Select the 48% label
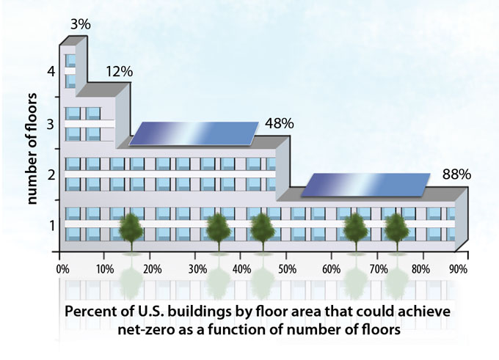coord(280,123)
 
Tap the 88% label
coord(456,175)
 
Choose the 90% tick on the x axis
coord(459,268)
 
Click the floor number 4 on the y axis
coord(51,72)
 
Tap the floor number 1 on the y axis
coord(51,224)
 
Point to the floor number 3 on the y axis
coord(51,123)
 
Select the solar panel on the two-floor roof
coord(194,133)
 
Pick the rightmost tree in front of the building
coord(396,229)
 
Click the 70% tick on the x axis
coord(379,268)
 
